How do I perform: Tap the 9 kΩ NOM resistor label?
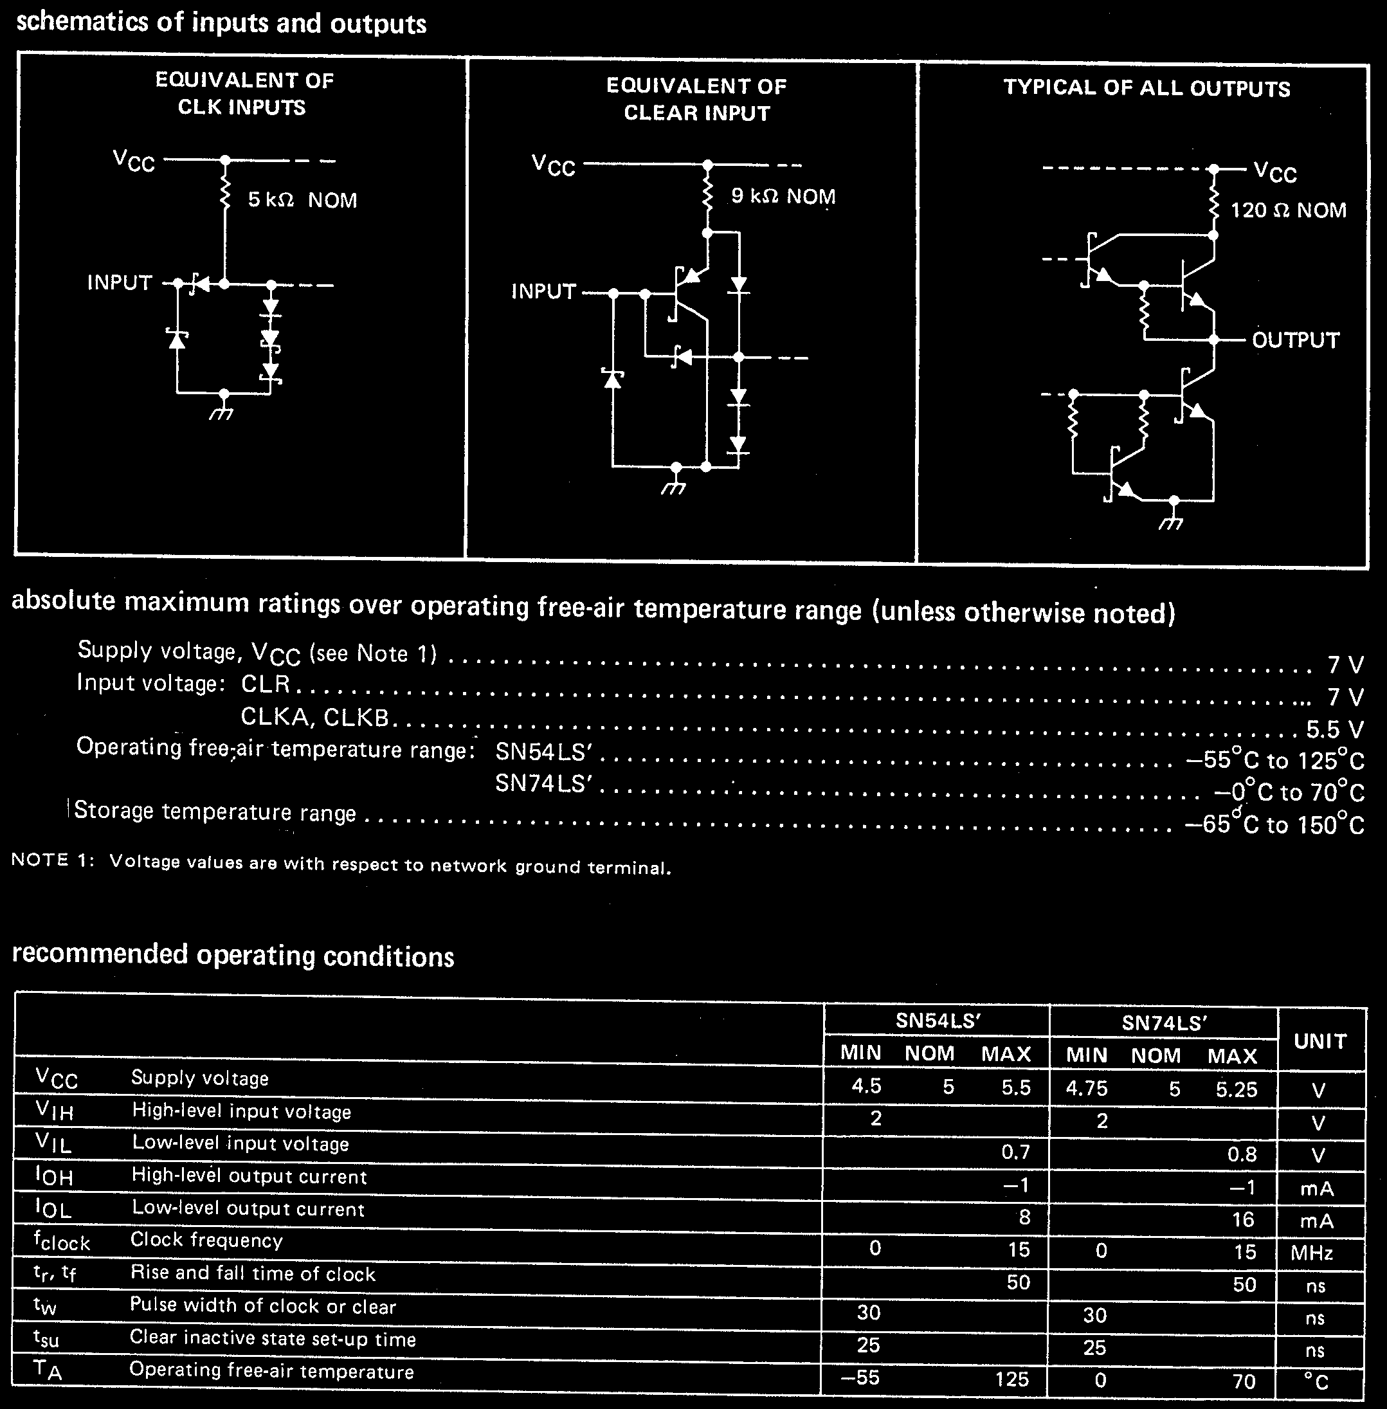click(783, 196)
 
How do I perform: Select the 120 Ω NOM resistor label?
click(1288, 210)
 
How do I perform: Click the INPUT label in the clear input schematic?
click(543, 291)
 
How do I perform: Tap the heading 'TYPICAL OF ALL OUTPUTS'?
click(1147, 88)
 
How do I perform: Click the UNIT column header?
click(1320, 1041)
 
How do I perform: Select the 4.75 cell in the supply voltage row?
click(1086, 1089)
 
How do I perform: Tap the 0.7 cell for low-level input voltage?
click(1015, 1152)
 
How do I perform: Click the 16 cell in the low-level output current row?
click(1242, 1219)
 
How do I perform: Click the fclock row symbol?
click(61, 1241)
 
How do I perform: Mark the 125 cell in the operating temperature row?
click(1012, 1379)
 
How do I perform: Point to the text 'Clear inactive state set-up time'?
click(273, 1338)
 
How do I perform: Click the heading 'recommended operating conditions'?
click(233, 955)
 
